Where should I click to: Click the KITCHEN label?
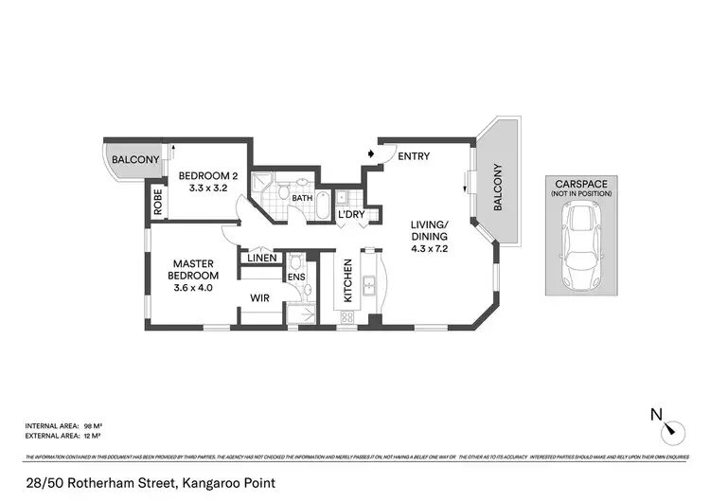pos(347,280)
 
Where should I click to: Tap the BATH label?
pos(302,198)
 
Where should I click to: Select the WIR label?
pos(261,297)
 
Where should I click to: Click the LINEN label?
pos(262,258)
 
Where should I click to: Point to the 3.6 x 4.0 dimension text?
pos(193,288)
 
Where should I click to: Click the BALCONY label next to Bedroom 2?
pos(135,160)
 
